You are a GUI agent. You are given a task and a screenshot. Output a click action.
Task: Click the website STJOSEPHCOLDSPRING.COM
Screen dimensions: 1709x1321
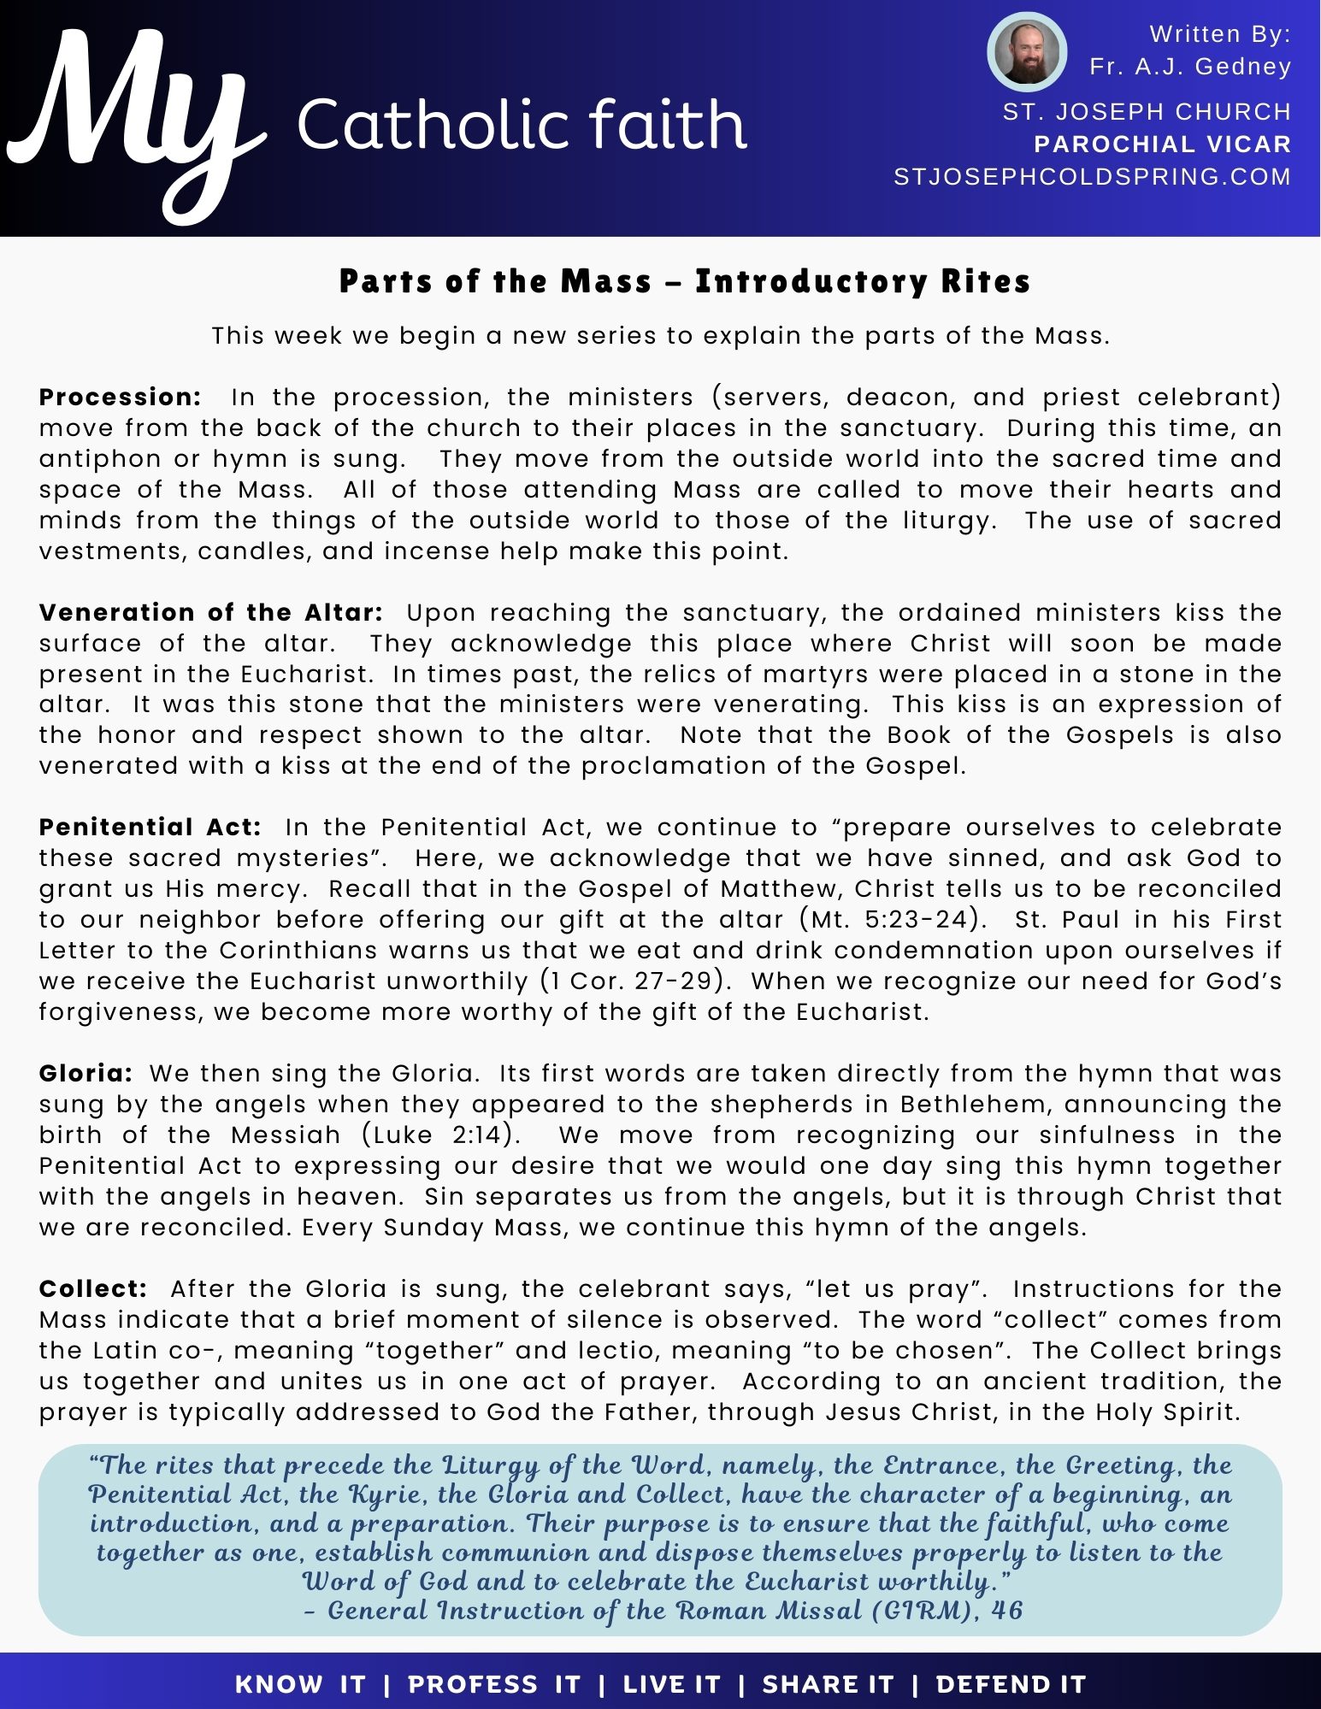[1092, 177]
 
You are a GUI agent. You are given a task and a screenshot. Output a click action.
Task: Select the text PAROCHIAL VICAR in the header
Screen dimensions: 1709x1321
[1162, 144]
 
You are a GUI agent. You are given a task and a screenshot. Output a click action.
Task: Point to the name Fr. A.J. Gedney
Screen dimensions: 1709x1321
[1190, 67]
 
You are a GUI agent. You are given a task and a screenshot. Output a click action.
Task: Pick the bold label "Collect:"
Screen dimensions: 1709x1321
[93, 1289]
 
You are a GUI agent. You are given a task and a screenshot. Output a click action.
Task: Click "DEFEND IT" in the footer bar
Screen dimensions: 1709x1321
[1011, 1684]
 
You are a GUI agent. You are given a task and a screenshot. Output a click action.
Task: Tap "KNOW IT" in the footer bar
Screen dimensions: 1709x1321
[300, 1684]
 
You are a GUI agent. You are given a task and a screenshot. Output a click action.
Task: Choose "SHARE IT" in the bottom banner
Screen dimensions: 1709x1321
[827, 1684]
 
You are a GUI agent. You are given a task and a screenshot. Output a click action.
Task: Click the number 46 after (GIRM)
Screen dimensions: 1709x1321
[1006, 1611]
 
